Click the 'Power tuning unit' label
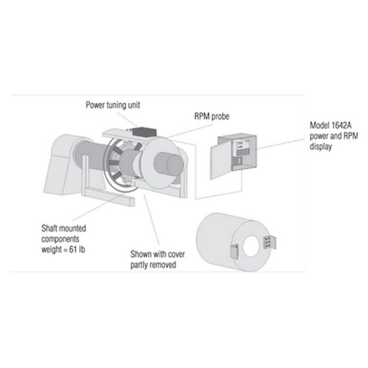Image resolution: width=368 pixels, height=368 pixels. pyautogui.click(x=112, y=105)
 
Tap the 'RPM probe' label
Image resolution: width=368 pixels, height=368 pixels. pyautogui.click(x=211, y=116)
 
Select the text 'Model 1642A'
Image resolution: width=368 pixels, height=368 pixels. pyautogui.click(x=330, y=125)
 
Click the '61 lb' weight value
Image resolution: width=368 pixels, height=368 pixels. pyautogui.click(x=77, y=249)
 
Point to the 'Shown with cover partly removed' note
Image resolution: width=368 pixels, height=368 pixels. pyautogui.click(x=157, y=259)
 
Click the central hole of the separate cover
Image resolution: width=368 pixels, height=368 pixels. pyautogui.click(x=251, y=247)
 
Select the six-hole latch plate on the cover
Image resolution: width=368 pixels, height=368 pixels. pyautogui.click(x=270, y=242)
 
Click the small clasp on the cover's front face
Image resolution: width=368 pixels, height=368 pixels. pyautogui.click(x=234, y=251)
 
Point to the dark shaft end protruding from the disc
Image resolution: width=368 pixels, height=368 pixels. pyautogui.click(x=169, y=164)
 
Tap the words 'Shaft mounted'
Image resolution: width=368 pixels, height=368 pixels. pyautogui.click(x=64, y=228)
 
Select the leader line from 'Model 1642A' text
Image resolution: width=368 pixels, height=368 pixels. pyautogui.click(x=280, y=144)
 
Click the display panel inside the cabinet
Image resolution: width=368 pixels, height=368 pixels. pyautogui.click(x=243, y=149)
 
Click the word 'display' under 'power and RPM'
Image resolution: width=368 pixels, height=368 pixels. pyautogui.click(x=321, y=146)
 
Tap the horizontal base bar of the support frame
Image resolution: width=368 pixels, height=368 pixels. pyautogui.click(x=109, y=197)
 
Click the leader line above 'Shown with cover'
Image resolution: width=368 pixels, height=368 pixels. pyautogui.click(x=151, y=220)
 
